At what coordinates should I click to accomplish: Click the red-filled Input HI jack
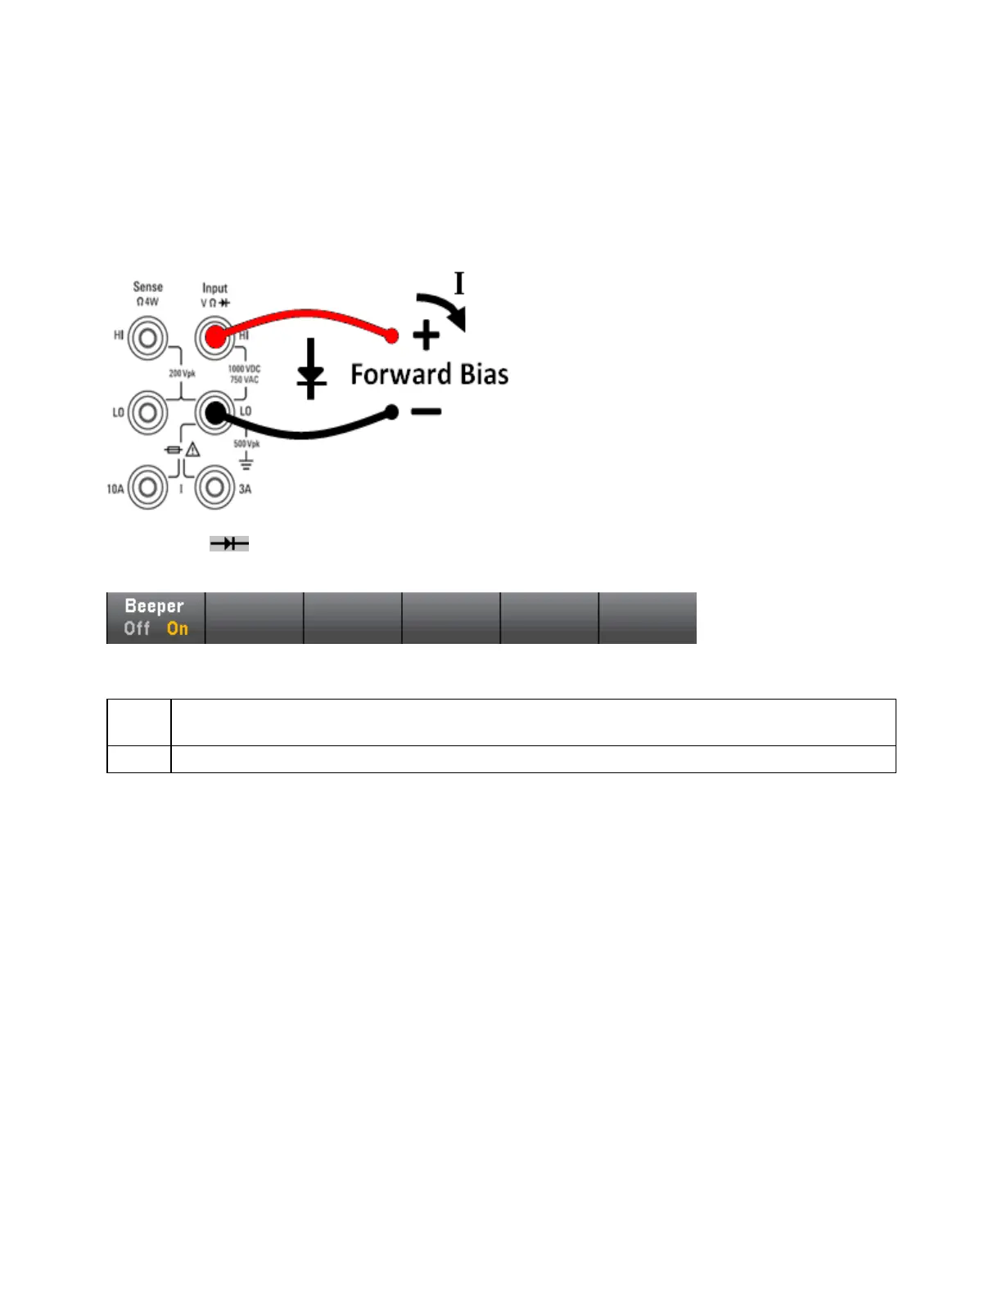pyautogui.click(x=214, y=337)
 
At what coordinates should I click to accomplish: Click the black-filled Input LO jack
pyautogui.click(x=214, y=413)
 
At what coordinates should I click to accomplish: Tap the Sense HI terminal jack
pyautogui.click(x=147, y=337)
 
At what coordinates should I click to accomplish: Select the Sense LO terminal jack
pyautogui.click(x=147, y=412)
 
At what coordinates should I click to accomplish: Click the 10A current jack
pyautogui.click(x=147, y=488)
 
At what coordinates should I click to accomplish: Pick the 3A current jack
pyautogui.click(x=214, y=488)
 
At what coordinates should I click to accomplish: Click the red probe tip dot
pyautogui.click(x=392, y=335)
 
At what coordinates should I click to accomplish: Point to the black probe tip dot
pyautogui.click(x=392, y=412)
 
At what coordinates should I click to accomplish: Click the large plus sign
pyautogui.click(x=426, y=335)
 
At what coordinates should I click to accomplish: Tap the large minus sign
pyautogui.click(x=426, y=412)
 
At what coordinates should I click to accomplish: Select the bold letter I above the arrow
pyautogui.click(x=459, y=283)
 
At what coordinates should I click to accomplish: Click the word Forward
pyautogui.click(x=400, y=375)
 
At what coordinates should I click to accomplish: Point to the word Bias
pyautogui.click(x=484, y=375)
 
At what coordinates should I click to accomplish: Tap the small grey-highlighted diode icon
pyautogui.click(x=229, y=543)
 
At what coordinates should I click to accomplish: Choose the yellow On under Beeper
pyautogui.click(x=178, y=628)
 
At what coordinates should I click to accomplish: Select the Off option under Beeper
pyautogui.click(x=137, y=628)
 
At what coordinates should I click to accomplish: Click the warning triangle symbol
pyautogui.click(x=192, y=449)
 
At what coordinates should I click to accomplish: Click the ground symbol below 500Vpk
pyautogui.click(x=246, y=462)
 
